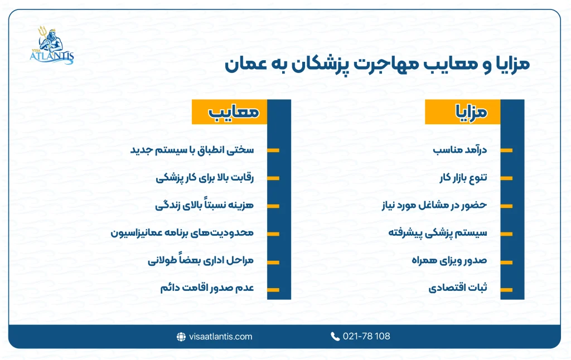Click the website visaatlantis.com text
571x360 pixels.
point(221,336)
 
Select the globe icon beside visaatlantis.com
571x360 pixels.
point(181,337)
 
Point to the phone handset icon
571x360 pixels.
point(335,336)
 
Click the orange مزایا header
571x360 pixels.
point(463,112)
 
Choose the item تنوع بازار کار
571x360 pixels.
point(462,178)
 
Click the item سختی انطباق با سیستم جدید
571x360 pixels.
point(192,150)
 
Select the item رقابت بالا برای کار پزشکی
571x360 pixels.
point(205,178)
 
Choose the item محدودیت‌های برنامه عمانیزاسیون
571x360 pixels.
point(182,232)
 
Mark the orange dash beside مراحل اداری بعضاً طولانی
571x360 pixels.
point(273,261)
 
